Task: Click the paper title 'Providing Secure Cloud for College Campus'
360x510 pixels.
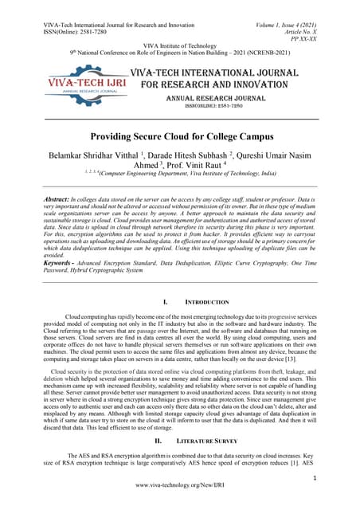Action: [x=180, y=136]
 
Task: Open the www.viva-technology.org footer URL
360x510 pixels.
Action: [x=180, y=484]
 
